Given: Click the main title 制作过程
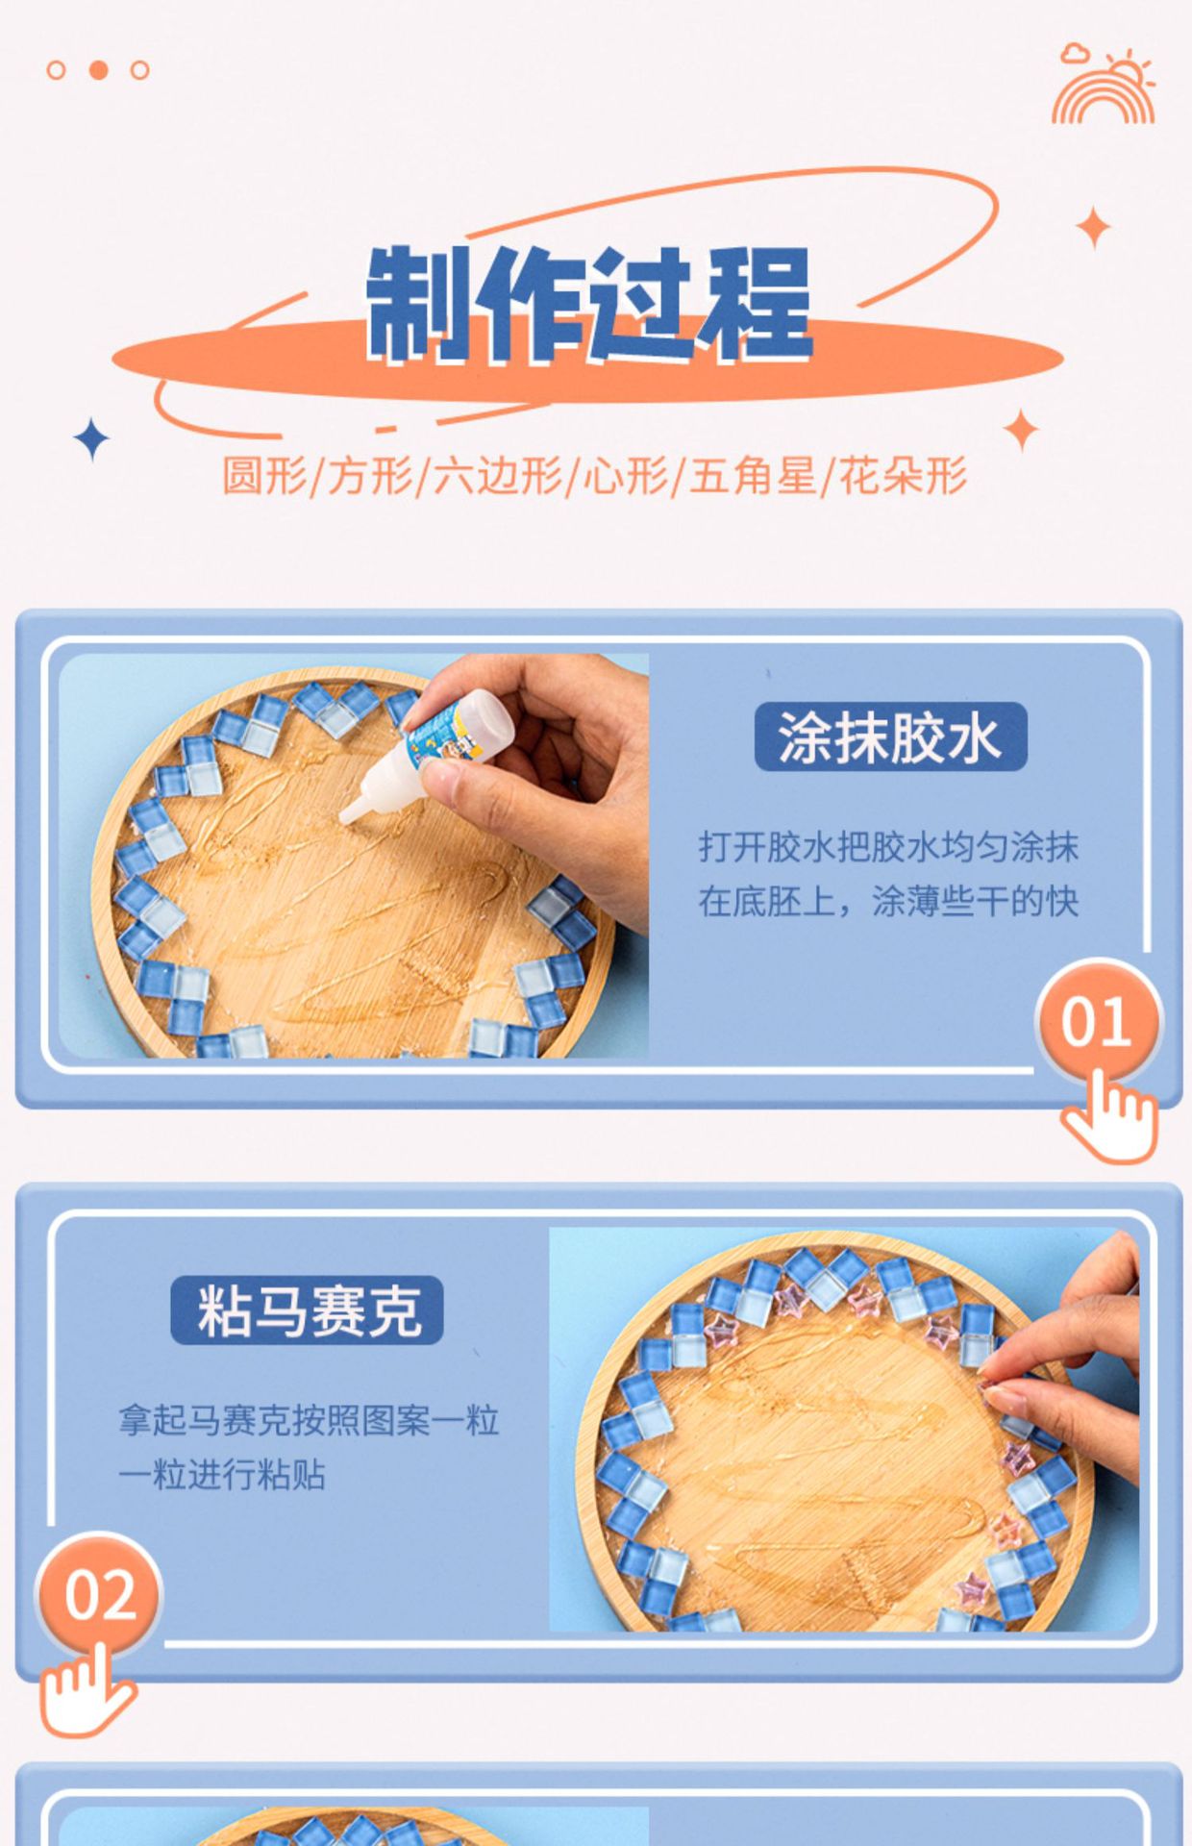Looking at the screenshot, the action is coord(589,304).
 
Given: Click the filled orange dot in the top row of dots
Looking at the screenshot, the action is coord(98,69).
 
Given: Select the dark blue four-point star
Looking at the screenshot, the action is coord(91,439).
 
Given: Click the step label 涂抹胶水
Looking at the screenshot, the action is coord(890,737).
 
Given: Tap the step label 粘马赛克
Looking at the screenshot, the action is coord(308,1310).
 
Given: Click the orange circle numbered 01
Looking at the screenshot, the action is coord(1097,1021).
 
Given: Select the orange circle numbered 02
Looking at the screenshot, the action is coord(99,1595).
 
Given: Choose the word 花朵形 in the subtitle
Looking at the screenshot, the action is coord(904,476).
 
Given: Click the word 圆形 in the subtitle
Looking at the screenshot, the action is coord(264,476).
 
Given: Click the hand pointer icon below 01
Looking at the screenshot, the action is coord(1110,1118).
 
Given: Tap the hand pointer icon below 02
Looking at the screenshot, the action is coord(85,1690).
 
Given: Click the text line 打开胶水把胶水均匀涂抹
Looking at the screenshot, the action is coord(888,847).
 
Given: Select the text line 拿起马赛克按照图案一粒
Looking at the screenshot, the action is coord(309,1420).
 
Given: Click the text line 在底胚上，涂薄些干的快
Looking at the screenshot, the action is coord(888,901).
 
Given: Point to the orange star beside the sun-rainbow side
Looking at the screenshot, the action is coord(1094,228).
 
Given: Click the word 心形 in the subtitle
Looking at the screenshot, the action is coord(626,476).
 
